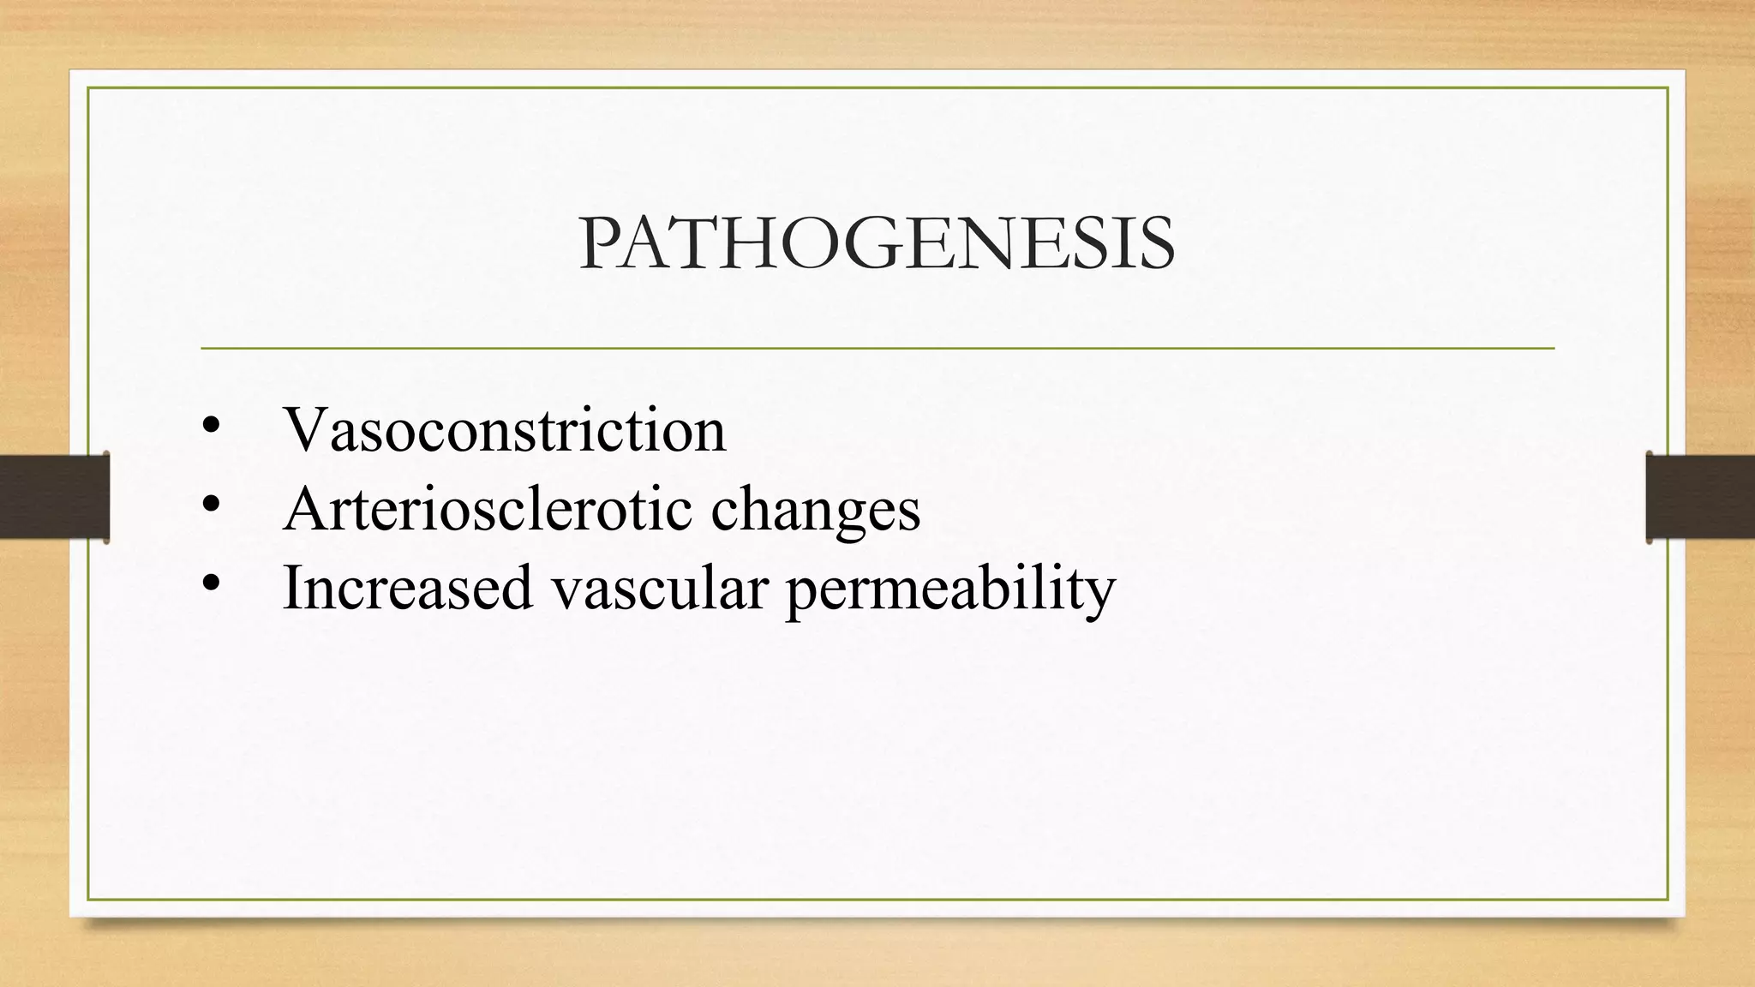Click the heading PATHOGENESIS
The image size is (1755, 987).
877,244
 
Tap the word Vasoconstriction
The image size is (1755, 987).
505,429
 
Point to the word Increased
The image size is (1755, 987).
408,588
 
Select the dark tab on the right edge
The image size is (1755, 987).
1700,497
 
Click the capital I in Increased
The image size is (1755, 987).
292,587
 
